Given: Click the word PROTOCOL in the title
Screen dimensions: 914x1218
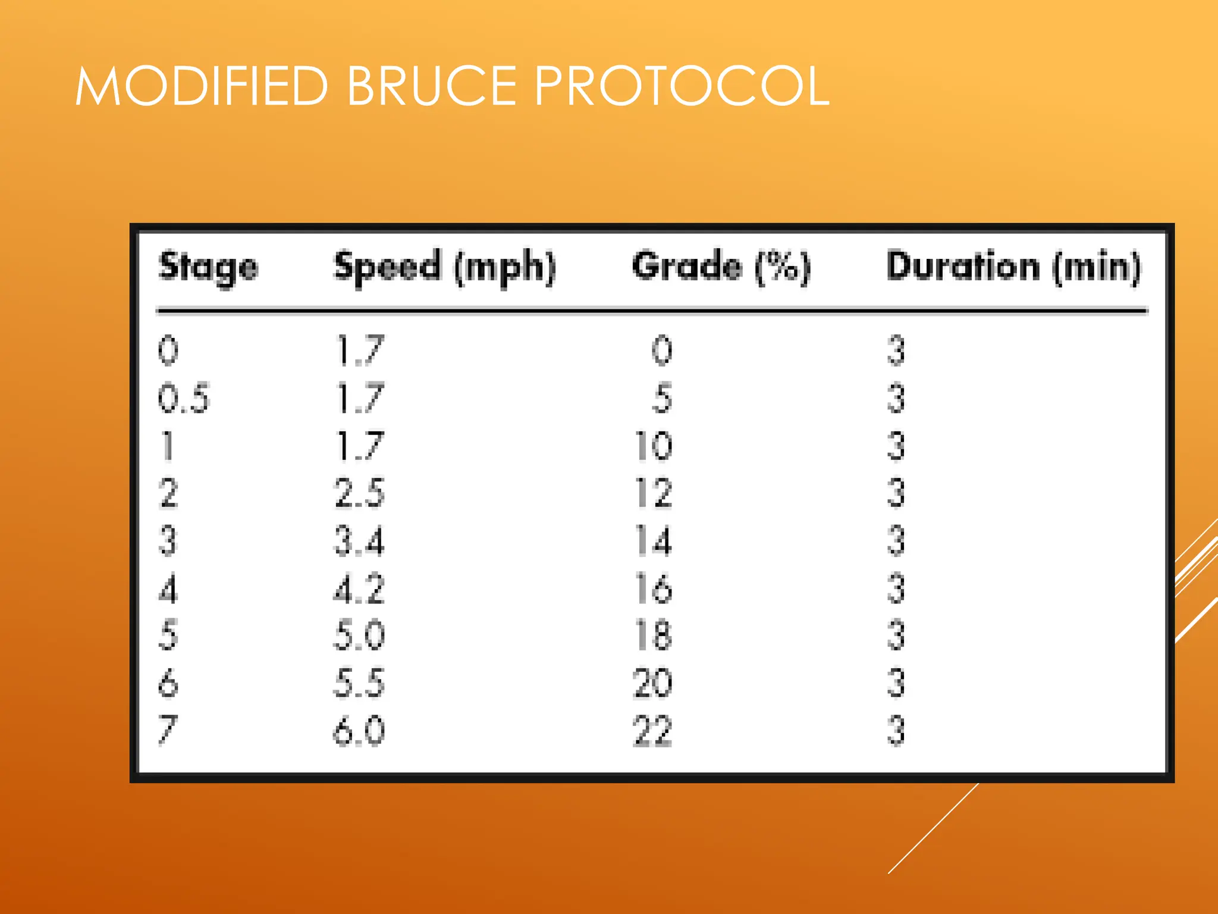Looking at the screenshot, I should coord(682,86).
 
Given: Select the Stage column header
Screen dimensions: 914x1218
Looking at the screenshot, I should coord(208,267).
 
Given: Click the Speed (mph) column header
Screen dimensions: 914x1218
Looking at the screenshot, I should coord(445,267).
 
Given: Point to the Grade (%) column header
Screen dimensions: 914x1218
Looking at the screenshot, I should coord(721,267).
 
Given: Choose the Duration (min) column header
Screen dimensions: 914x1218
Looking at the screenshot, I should coord(1013,267).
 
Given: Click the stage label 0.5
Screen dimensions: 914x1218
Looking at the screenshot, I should coord(184,398).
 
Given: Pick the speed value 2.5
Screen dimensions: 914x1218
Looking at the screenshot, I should coord(359,493).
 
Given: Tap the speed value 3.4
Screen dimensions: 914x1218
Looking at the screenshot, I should coord(359,541).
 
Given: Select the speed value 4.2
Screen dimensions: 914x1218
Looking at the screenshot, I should coord(359,589).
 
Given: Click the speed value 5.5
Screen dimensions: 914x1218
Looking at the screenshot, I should coord(359,683).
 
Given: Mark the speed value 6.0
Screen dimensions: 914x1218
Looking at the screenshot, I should coord(359,730).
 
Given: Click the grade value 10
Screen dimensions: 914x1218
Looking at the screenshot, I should coord(654,446).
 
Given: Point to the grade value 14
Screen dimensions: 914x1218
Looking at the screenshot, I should coord(654,541).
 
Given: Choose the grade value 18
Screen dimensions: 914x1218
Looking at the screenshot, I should coord(654,635).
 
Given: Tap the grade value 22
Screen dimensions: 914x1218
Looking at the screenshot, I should coord(652,730).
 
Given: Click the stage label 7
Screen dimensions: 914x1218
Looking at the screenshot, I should coord(168,730).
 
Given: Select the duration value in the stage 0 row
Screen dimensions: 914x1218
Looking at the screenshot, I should coord(896,350).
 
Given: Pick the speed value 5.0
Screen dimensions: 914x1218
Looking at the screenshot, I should coord(359,635).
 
